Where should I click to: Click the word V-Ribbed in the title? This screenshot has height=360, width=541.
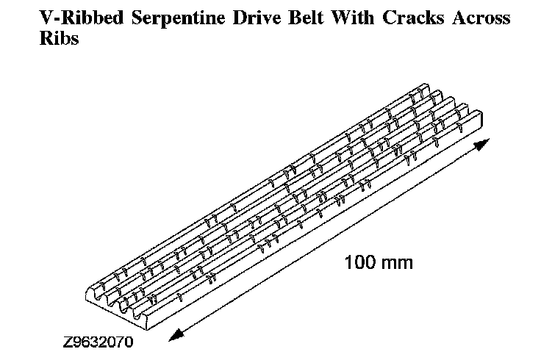[x=63, y=18]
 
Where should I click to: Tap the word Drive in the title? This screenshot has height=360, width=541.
[x=232, y=18]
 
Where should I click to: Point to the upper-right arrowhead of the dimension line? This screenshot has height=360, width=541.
[x=481, y=145]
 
